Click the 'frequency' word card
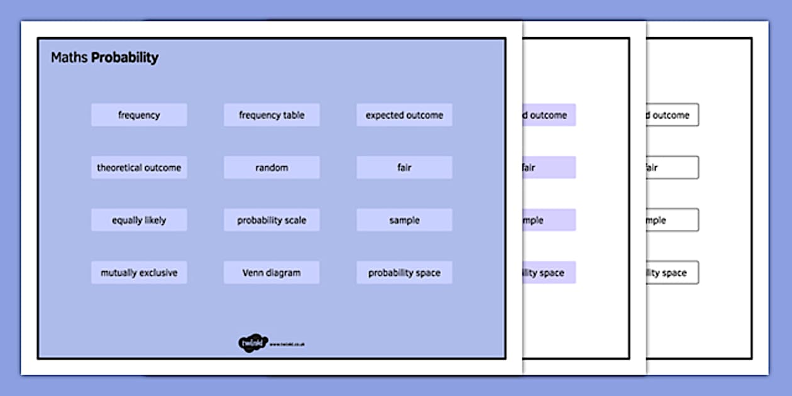click(x=139, y=115)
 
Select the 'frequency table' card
click(x=272, y=115)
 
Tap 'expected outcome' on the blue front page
click(x=404, y=115)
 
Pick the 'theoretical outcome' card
click(x=139, y=168)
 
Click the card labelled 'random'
click(x=272, y=168)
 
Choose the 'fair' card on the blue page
click(x=404, y=168)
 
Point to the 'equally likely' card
click(x=139, y=221)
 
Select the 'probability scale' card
click(x=272, y=221)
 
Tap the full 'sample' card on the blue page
click(x=404, y=221)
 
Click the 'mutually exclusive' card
click(x=139, y=273)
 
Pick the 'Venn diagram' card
click(x=272, y=273)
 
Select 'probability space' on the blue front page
click(x=404, y=273)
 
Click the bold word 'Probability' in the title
click(x=124, y=58)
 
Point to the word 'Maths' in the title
click(x=69, y=58)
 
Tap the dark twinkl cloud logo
click(x=252, y=343)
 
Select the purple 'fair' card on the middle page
click(x=548, y=168)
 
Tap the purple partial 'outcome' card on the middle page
click(x=548, y=115)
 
